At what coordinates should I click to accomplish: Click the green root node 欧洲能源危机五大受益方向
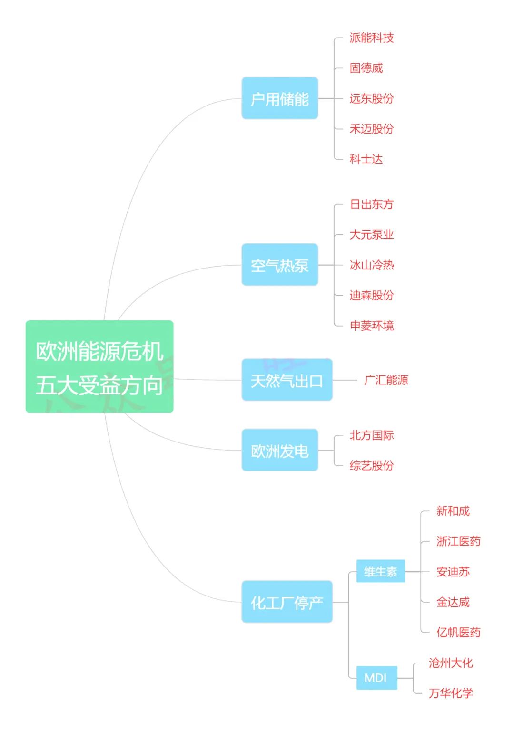[x=99, y=366]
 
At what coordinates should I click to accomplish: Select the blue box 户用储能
[x=280, y=98]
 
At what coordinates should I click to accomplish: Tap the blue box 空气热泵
[x=280, y=265]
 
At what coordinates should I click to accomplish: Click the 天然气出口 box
[x=287, y=380]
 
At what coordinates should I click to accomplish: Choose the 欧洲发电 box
[x=280, y=450]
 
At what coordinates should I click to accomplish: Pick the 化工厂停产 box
[x=287, y=602]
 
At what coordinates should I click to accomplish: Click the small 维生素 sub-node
[x=381, y=571]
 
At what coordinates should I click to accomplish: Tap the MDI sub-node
[x=376, y=678]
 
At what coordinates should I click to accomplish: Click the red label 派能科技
[x=372, y=38]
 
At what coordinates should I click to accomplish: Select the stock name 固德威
[x=366, y=68]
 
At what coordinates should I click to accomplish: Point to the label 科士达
[x=366, y=159]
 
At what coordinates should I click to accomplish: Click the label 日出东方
[x=372, y=204]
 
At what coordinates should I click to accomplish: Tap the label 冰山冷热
[x=372, y=265]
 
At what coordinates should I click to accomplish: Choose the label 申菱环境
[x=372, y=326]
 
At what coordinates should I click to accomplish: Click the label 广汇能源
[x=386, y=380]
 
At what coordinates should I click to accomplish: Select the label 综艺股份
[x=372, y=465]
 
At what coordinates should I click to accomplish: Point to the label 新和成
[x=453, y=511]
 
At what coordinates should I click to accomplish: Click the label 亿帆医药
[x=458, y=633]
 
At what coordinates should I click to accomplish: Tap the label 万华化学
[x=451, y=693]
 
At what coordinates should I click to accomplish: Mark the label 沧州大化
[x=451, y=663]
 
